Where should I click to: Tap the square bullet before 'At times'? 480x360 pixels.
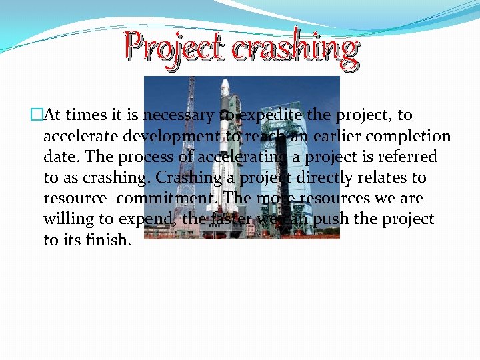coord(35,115)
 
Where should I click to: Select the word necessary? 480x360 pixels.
coord(179,115)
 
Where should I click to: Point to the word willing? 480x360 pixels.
coord(69,219)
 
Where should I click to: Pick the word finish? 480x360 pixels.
coord(109,240)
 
